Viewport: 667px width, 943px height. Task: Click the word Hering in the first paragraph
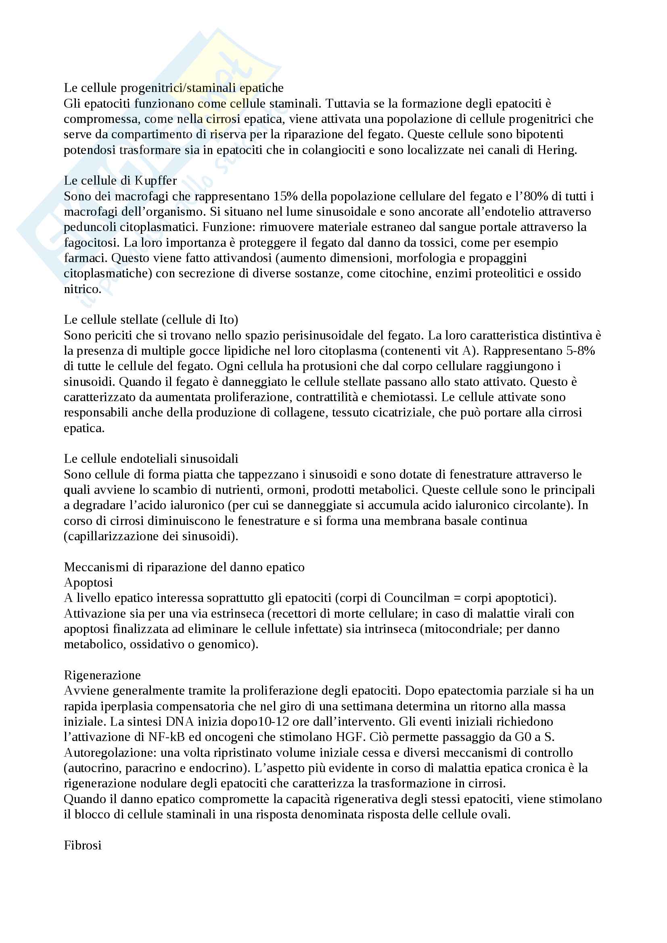tap(556, 150)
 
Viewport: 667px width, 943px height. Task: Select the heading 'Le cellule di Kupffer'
tap(120, 181)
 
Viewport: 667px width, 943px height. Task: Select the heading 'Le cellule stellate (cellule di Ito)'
tap(151, 320)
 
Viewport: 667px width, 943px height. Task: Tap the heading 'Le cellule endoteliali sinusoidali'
tap(151, 459)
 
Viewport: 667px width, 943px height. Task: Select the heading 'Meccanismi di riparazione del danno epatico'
tap(184, 567)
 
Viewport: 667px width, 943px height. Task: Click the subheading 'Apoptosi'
tap(88, 583)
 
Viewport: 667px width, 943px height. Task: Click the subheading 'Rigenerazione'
tap(102, 675)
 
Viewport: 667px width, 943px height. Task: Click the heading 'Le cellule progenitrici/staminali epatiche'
tap(174, 88)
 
